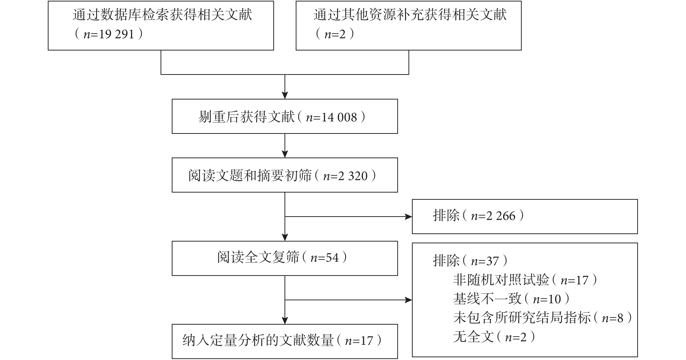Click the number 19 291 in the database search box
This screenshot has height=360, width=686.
coord(116,34)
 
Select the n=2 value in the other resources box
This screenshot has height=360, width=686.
coord(335,34)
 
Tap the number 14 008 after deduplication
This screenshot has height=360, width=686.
coord(339,117)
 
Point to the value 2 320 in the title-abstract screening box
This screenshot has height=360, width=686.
coord(353,176)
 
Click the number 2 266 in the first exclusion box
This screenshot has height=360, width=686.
coord(501,216)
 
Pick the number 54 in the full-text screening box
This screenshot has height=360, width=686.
coord(332,258)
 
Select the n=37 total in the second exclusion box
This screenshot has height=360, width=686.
coord(485,261)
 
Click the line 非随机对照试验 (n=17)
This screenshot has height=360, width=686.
coord(525,280)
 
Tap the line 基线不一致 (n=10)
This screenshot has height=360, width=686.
coord(511,299)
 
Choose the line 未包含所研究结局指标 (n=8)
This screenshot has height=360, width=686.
coord(542,318)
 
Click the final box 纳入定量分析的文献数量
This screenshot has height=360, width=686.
coord(285,341)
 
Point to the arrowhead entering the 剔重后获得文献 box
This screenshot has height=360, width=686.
coord(285,95)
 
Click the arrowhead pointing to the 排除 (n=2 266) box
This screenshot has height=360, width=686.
coord(408,217)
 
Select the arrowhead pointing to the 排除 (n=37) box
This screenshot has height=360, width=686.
coord(408,300)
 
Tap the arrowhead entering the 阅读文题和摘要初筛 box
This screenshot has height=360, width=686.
coord(285,154)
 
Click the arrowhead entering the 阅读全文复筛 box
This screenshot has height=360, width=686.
coord(285,238)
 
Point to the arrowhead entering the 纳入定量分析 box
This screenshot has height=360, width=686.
coord(285,321)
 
